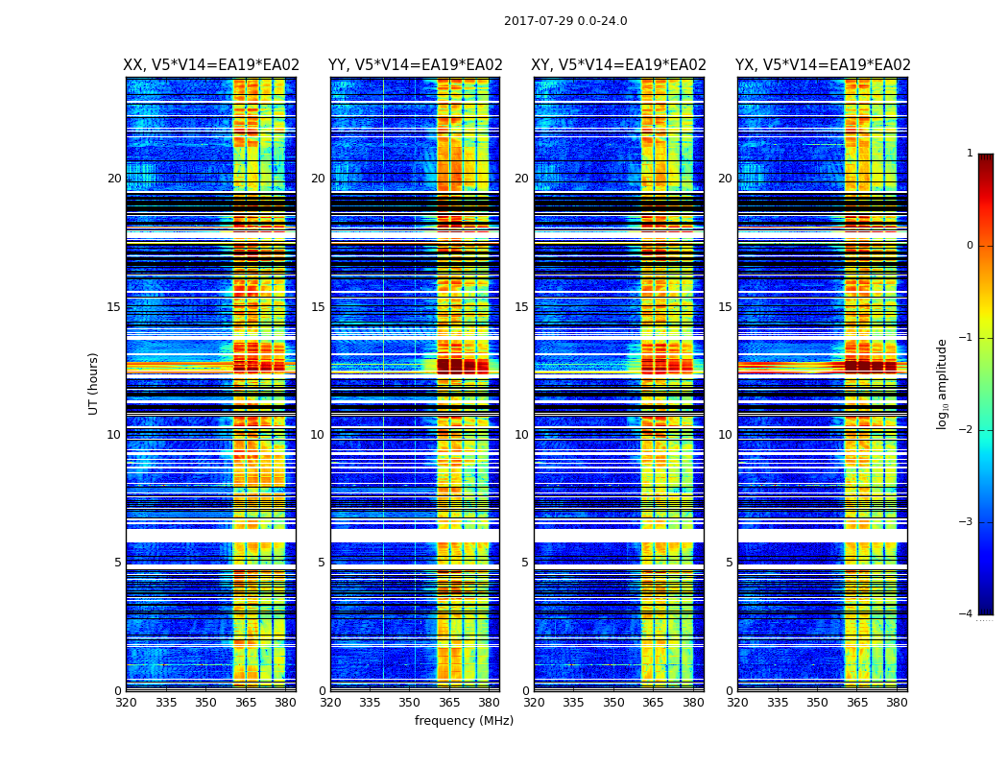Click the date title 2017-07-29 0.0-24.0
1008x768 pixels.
pyautogui.click(x=565, y=21)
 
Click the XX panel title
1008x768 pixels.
pyautogui.click(x=211, y=65)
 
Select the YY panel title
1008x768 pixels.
pyautogui.click(x=415, y=65)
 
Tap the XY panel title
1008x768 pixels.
pyautogui.click(x=619, y=65)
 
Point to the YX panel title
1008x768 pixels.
pyautogui.click(x=823, y=65)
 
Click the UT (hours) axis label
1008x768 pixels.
pyautogui.click(x=93, y=383)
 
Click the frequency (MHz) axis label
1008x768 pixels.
pyautogui.click(x=464, y=721)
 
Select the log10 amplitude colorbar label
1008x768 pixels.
pyautogui.click(x=943, y=383)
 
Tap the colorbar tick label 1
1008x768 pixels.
pyautogui.click(x=969, y=154)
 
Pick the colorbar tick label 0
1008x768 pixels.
pyautogui.click(x=969, y=246)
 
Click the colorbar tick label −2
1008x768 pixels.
pyautogui.click(x=967, y=430)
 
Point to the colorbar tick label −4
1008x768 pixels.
pyautogui.click(x=967, y=614)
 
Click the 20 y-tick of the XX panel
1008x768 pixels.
pyautogui.click(x=114, y=179)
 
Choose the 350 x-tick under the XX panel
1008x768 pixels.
pyautogui.click(x=205, y=703)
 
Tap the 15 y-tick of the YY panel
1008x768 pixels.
pyautogui.click(x=318, y=307)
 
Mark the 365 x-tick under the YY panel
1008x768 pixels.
pyautogui.click(x=449, y=703)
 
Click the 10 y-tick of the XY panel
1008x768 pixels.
pyautogui.click(x=521, y=435)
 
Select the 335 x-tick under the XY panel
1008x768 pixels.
pyautogui.click(x=573, y=703)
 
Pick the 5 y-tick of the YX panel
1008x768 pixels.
pyautogui.click(x=730, y=563)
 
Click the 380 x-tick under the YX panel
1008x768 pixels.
pyautogui.click(x=897, y=703)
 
